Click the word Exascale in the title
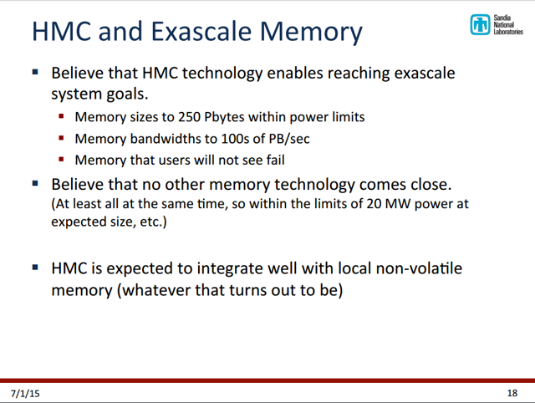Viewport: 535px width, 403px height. click(x=202, y=32)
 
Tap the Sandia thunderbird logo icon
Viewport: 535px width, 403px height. click(x=480, y=24)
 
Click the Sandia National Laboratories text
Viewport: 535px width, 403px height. click(x=508, y=24)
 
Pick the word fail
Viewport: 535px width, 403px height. click(x=276, y=160)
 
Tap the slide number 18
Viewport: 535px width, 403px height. click(x=512, y=394)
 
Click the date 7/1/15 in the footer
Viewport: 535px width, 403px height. click(x=25, y=394)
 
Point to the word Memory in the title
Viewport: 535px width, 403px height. click(x=311, y=32)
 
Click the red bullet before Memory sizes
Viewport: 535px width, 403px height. click(x=61, y=117)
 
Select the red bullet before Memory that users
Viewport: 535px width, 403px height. click(x=61, y=160)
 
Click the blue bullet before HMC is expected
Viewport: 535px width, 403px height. click(x=35, y=268)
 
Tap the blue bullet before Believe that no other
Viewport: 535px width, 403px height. click(x=35, y=184)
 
